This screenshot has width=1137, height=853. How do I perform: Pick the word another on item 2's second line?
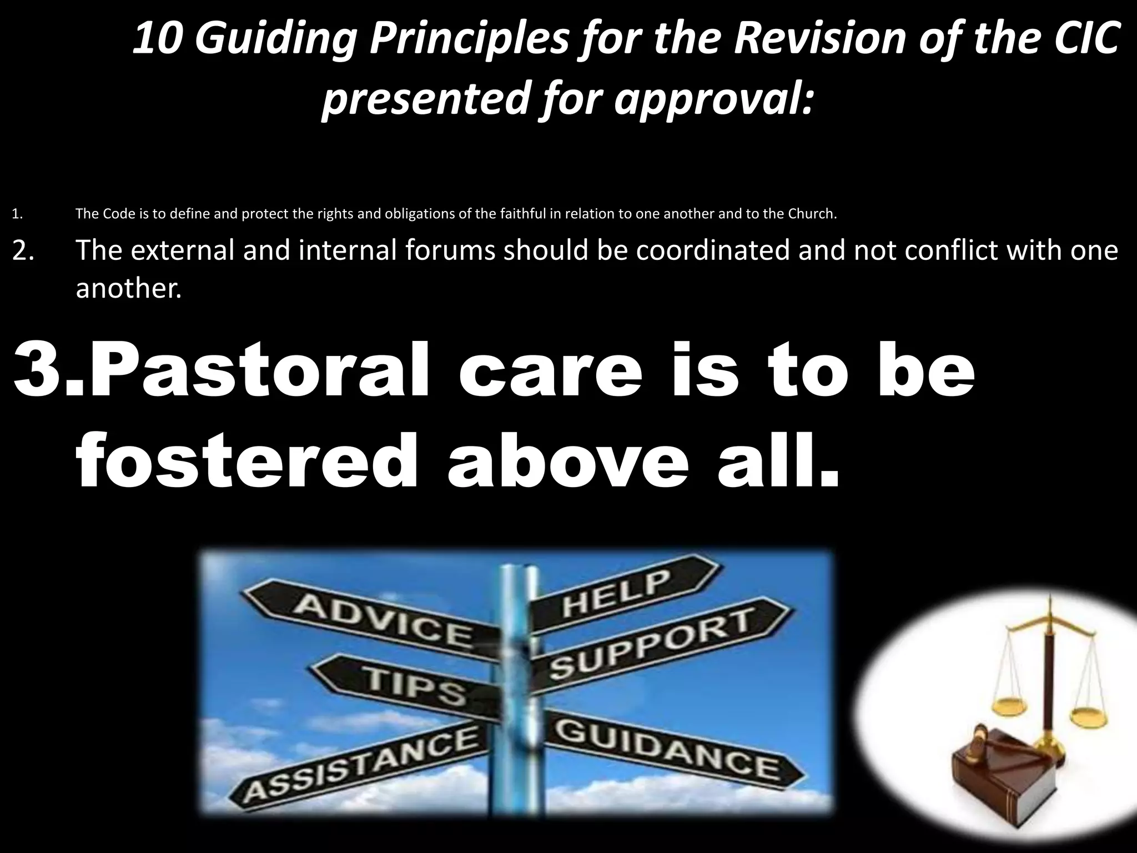tap(128, 289)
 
